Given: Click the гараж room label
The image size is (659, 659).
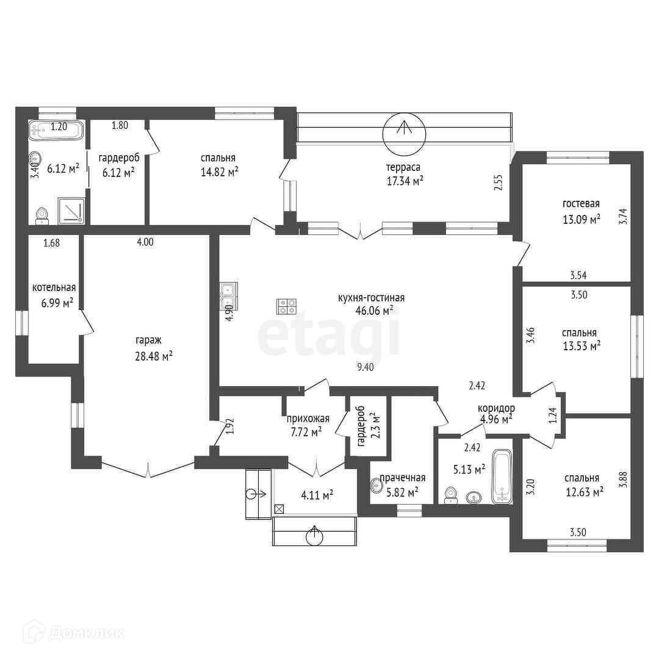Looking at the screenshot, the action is [148, 340].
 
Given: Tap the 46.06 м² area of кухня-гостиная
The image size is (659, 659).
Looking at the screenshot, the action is [374, 311].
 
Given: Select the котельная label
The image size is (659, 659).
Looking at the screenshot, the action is [54, 288].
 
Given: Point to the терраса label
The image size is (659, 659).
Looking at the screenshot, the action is [403, 168].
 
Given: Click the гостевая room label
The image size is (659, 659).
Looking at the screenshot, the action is [581, 204].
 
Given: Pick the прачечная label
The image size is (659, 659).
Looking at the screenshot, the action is [402, 478].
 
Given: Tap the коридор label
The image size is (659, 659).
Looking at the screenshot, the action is [496, 408].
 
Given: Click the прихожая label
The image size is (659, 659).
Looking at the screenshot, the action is [308, 419].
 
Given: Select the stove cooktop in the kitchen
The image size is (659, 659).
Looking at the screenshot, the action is [286, 306].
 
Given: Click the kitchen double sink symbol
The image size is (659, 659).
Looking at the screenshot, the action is [229, 296].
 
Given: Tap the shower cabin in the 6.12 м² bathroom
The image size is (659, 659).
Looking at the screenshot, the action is [71, 210].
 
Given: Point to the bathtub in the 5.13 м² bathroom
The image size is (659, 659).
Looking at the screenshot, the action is [502, 476].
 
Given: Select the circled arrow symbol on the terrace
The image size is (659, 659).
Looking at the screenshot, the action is [405, 134].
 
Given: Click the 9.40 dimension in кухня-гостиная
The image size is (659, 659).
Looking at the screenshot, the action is [366, 367].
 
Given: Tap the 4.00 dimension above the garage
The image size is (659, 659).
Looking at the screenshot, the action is [145, 242].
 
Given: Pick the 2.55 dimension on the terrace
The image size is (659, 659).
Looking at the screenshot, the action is [499, 182].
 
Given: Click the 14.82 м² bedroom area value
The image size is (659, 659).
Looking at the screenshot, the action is [220, 172].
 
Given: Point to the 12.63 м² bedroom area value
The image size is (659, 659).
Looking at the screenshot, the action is [585, 491].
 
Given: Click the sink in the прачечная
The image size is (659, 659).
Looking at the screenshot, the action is [375, 486].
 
